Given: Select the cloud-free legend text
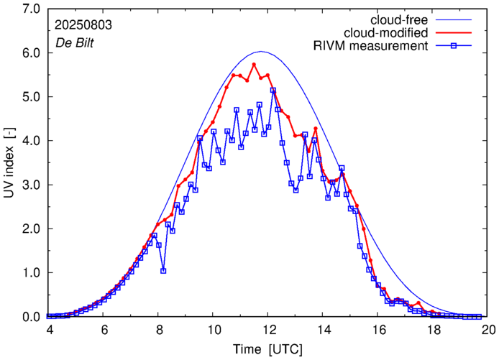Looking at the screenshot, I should coord(398,19).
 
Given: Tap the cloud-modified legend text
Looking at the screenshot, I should coord(387,32).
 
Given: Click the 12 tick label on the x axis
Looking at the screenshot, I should coord(268,329).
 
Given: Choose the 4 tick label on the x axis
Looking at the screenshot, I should coord(49,329).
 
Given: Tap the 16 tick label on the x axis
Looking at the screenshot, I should coord(378,329).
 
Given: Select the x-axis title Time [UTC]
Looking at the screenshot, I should coord(268,349).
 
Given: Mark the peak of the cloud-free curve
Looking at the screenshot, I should coord(261,52).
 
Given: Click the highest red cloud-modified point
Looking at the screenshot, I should coord(254,64).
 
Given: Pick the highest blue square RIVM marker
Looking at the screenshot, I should coord(273,90).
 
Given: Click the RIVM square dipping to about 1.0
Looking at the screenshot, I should coord(163,271).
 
